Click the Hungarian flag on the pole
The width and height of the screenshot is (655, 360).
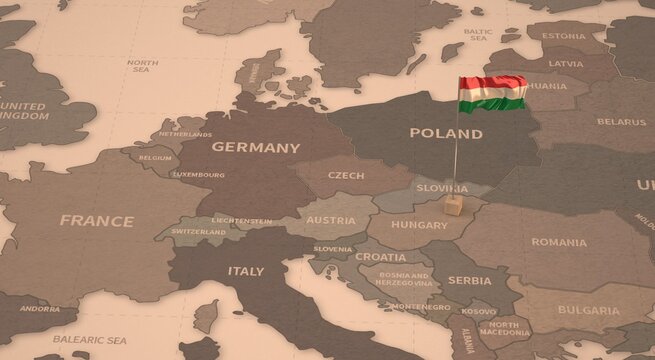point(492,93)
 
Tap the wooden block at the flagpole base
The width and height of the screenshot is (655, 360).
point(454,206)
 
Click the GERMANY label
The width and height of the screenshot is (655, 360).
point(255,147)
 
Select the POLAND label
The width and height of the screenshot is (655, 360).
point(446,133)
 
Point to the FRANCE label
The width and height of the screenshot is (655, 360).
point(96,221)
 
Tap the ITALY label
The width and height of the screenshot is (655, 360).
point(246,271)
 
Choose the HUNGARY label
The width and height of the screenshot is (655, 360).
point(419,225)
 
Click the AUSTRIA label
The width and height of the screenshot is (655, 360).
point(331,220)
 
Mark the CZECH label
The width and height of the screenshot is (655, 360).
point(346,175)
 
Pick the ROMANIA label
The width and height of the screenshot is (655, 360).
point(559,242)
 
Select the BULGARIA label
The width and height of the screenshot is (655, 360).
point(588,310)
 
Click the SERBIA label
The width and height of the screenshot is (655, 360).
point(469,281)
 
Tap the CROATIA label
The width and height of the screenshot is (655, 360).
point(381,257)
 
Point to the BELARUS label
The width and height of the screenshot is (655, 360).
point(621,122)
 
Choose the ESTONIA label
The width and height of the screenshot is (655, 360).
point(564,36)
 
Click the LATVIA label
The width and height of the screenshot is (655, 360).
point(565,63)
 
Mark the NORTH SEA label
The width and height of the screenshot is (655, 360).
point(142,67)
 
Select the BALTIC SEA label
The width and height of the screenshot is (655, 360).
point(477,35)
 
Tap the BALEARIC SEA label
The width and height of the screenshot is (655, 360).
point(89,340)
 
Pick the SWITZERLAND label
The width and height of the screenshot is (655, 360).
point(199,232)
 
